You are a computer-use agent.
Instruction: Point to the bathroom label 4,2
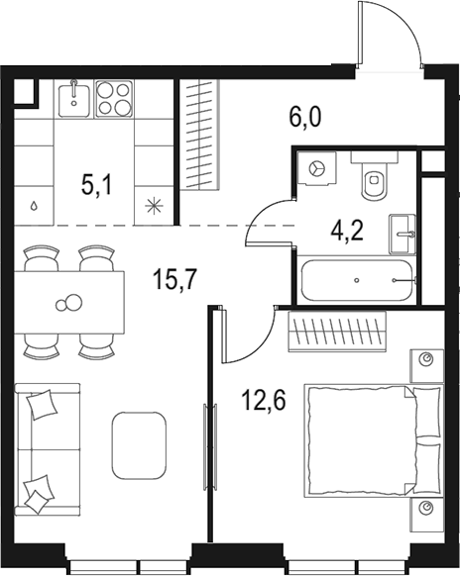(x=346, y=231)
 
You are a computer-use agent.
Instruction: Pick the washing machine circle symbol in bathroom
(x=318, y=169)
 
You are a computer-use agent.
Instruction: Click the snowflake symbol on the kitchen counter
(x=153, y=206)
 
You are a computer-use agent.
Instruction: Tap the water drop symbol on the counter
(x=36, y=207)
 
